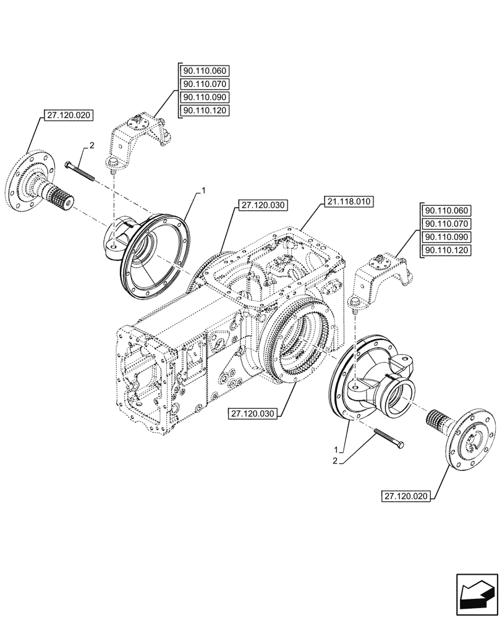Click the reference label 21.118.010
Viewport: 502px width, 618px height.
point(349,201)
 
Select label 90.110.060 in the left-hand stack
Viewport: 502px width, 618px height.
point(205,70)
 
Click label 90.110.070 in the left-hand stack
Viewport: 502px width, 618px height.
point(205,84)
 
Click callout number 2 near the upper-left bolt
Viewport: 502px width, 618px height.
point(91,146)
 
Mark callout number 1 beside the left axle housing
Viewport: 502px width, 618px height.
point(200,193)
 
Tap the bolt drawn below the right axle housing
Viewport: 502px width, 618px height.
point(388,438)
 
